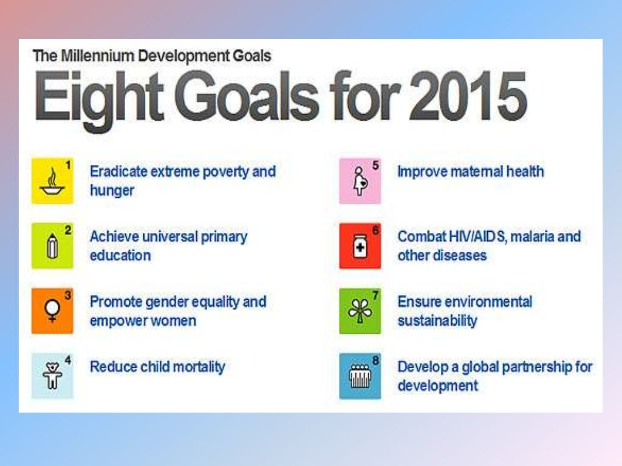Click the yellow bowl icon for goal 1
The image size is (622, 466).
(52, 181)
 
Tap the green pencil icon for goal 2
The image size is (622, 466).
(52, 246)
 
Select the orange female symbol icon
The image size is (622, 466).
(52, 311)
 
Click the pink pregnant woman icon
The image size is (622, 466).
(360, 181)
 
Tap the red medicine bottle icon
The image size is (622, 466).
(360, 246)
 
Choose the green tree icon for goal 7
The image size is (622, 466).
(360, 311)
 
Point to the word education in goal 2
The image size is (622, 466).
(120, 255)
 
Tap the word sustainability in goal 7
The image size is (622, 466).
(437, 320)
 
